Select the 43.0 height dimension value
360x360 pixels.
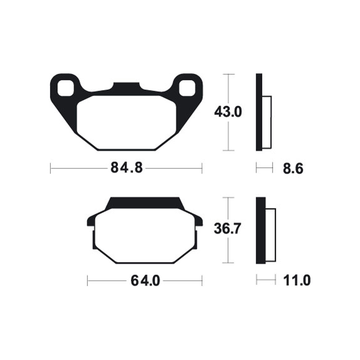click(228, 112)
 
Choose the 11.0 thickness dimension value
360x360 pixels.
click(297, 281)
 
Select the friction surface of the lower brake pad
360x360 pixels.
click(145, 236)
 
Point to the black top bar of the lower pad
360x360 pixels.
click(144, 203)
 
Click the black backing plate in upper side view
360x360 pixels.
click(259, 112)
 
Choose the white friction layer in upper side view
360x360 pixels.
click(267, 122)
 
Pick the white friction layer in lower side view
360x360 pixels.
click(270, 235)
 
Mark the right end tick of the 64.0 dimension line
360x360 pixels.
click(202, 281)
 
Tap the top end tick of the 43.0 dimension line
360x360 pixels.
click(229, 74)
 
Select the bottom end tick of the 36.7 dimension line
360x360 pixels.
click(229, 263)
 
